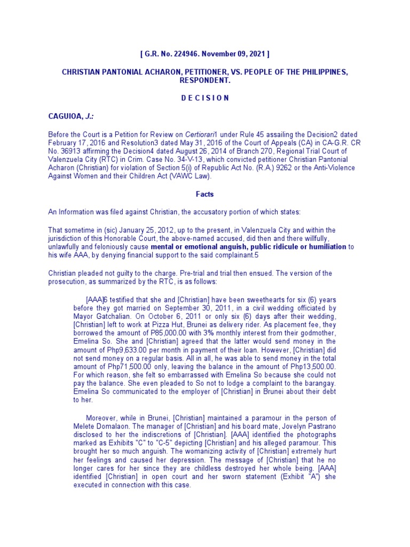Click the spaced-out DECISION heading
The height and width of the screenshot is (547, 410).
tap(204, 98)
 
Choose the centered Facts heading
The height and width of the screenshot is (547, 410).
tap(204, 196)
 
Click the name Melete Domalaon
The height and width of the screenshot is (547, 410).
tap(100, 425)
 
